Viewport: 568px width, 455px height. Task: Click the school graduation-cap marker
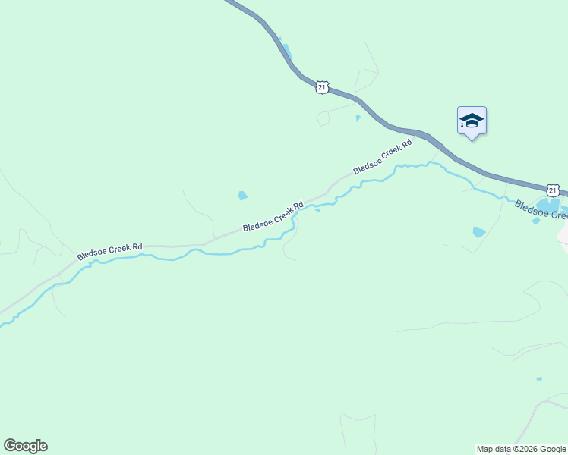point(472,121)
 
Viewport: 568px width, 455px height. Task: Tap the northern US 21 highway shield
point(323,87)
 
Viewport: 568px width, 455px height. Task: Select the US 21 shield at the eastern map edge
point(553,190)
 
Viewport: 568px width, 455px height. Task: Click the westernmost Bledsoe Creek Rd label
point(109,252)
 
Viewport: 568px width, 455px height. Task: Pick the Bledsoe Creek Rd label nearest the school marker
point(382,157)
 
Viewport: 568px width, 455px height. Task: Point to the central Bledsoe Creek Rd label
point(273,216)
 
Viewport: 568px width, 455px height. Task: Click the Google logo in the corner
point(25,446)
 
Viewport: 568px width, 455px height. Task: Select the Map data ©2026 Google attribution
point(521,449)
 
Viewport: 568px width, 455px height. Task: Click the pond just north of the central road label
point(242,196)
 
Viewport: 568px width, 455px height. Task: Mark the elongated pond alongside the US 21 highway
point(286,52)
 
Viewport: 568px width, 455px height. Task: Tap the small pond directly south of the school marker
point(478,232)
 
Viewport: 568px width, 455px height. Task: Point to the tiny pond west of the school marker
point(358,118)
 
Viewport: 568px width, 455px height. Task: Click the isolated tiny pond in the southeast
point(539,378)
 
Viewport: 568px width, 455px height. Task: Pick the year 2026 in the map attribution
point(525,449)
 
